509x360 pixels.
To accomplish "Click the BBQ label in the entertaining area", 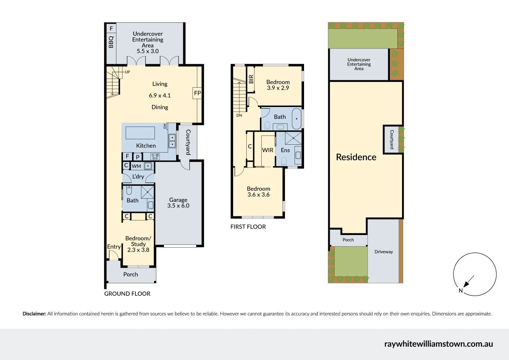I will [111, 42].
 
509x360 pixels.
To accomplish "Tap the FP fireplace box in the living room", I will [197, 93].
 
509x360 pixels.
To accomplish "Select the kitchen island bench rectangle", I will [140, 133].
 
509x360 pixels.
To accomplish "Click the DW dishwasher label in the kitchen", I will [165, 126].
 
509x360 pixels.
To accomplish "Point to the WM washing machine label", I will [136, 166].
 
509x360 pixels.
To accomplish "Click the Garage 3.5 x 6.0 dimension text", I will [178, 205].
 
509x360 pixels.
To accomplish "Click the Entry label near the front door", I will [114, 247].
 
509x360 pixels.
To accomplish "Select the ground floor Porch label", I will [131, 274].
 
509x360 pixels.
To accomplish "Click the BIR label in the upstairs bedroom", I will [251, 79].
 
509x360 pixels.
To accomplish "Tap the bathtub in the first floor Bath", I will [297, 119].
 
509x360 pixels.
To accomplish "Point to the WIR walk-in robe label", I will [268, 150].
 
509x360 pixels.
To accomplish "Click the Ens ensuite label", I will [285, 150].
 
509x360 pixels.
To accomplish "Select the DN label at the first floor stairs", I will [239, 115].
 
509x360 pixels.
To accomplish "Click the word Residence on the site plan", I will [356, 157].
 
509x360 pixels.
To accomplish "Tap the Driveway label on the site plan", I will [383, 252].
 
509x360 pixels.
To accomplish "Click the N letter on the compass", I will [460, 290].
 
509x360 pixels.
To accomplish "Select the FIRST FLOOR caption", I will [248, 227].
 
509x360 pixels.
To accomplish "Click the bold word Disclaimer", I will [34, 314].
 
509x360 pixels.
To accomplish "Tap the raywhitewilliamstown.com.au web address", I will [438, 344].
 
